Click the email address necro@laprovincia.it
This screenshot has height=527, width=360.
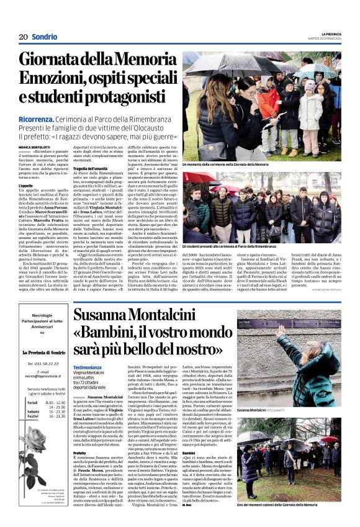pos(47,376)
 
